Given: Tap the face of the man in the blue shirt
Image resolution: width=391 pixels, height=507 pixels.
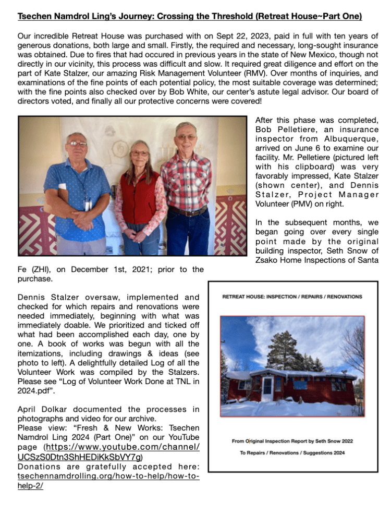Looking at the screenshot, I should point(77,143).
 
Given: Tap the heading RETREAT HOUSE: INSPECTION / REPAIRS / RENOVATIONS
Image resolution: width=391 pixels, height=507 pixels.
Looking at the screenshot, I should point(292,297).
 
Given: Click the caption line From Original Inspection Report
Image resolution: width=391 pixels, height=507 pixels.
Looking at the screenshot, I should point(292,440).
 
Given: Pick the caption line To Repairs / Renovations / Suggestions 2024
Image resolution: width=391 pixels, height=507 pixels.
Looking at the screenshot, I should point(292,452).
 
